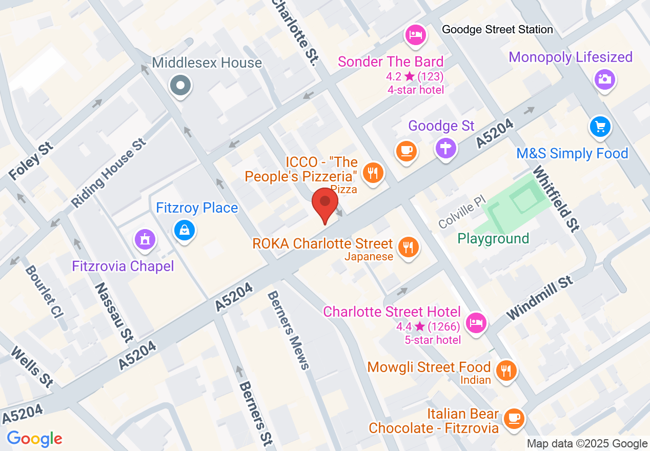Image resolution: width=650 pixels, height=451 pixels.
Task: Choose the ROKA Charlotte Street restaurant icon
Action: [x=408, y=248]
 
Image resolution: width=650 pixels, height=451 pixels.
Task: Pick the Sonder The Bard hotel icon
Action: [x=415, y=34]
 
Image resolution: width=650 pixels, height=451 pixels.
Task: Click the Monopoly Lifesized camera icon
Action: [x=605, y=79]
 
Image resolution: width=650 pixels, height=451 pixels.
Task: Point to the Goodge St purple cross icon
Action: [x=445, y=149]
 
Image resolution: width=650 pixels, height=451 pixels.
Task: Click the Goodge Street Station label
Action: [x=497, y=30]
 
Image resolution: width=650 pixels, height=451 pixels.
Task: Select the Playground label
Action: [x=493, y=239]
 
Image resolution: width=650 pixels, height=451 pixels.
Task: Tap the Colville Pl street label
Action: [x=461, y=214]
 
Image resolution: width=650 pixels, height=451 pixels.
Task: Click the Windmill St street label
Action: [x=540, y=298]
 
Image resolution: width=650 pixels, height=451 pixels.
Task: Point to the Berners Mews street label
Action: [x=289, y=331]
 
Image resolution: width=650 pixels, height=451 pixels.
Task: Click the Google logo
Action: [x=34, y=439]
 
